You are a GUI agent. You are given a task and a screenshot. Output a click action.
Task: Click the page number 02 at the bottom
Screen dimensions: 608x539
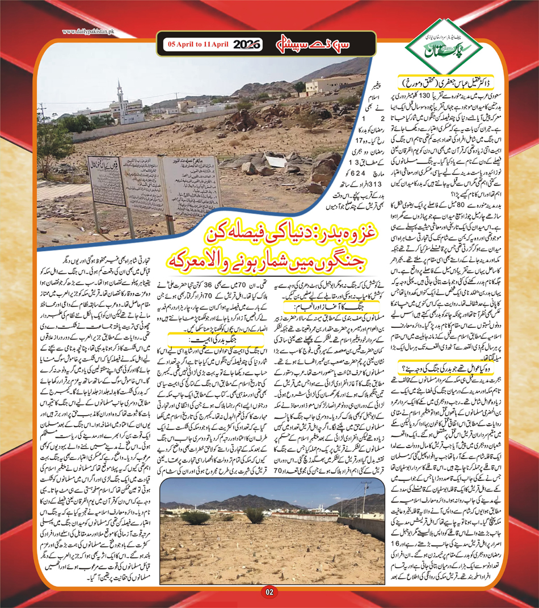click(269, 593)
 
